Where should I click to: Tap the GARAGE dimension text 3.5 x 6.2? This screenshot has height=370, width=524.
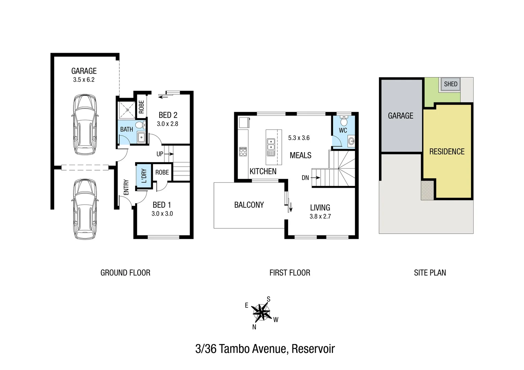coord(84,80)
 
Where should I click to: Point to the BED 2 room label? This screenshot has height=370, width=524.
coord(168,115)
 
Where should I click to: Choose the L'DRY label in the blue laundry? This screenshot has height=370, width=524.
coord(144,176)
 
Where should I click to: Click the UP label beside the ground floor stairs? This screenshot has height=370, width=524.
coord(160,154)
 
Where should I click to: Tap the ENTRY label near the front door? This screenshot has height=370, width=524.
coord(126,187)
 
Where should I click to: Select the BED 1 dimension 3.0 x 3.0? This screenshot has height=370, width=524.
coord(162,214)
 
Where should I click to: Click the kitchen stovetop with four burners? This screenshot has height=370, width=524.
coord(243,151)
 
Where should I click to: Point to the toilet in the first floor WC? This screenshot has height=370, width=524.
coord(344,121)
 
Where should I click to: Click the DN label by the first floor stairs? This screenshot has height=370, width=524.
coord(305,178)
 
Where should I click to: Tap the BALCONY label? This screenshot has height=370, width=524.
coord(249,205)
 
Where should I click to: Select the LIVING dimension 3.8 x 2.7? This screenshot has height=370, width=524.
coord(320,217)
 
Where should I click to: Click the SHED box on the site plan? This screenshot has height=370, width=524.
coord(450,84)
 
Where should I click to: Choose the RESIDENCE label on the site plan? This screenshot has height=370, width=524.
coord(447,151)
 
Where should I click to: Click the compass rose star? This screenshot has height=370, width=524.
coord(261,312)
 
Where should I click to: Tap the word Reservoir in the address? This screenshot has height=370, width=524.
coord(313,349)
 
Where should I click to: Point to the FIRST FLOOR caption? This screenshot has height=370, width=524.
coord(290,273)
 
